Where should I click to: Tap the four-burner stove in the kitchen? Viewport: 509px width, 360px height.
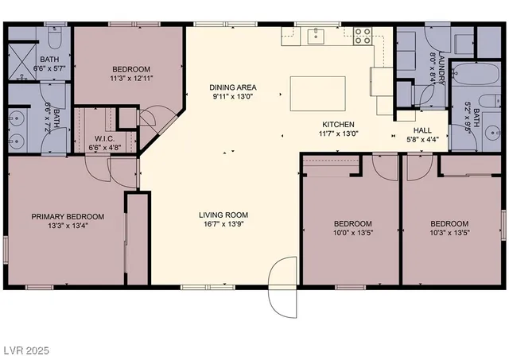363,34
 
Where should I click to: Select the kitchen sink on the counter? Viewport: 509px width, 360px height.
316,34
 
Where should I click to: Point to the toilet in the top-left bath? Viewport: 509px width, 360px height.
52,37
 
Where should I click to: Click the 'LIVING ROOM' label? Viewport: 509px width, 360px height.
223,215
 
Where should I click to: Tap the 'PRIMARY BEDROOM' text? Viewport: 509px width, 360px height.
68,216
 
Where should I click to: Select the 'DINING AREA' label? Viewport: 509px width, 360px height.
232,87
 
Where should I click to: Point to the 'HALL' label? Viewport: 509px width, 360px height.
424,130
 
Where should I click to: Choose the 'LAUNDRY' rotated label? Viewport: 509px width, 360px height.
441,70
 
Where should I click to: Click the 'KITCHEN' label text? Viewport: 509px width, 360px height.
338,125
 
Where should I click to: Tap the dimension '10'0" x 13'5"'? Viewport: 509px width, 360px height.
352,234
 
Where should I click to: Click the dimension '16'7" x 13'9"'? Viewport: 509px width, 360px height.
223,225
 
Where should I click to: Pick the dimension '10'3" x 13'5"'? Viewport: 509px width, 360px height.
449,234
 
